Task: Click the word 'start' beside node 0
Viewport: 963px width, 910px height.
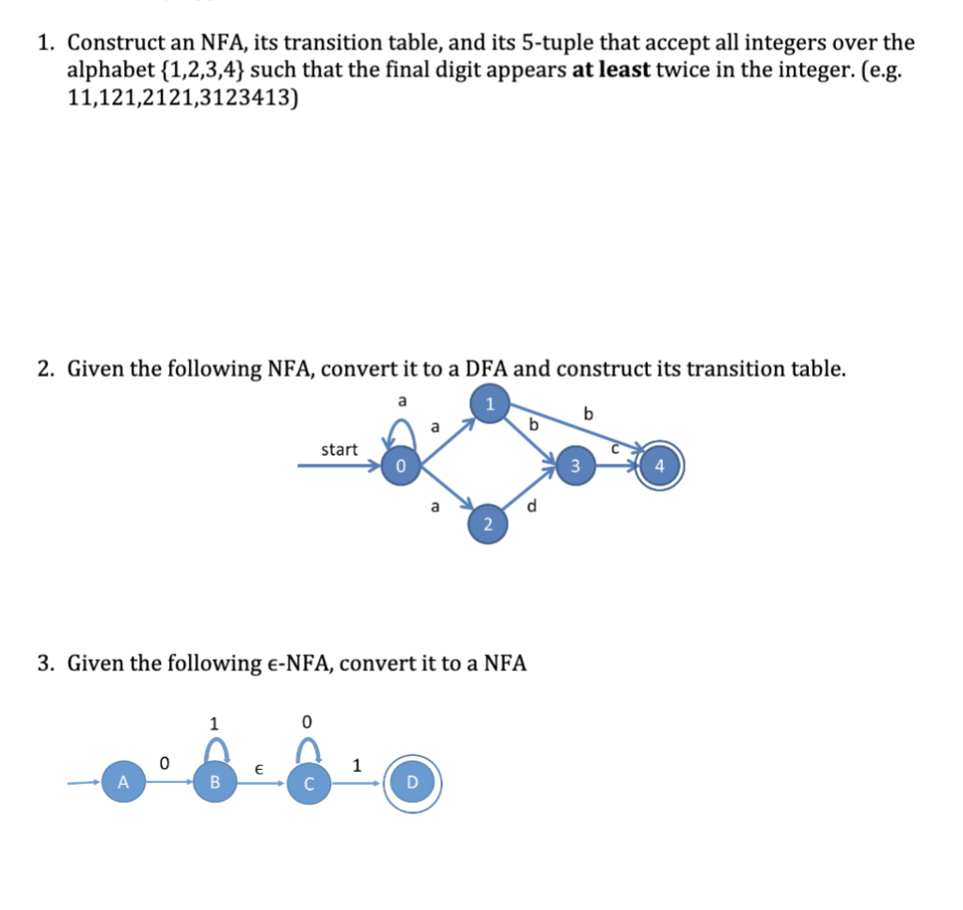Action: [x=339, y=449]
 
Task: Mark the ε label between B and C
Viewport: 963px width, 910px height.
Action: [x=260, y=768]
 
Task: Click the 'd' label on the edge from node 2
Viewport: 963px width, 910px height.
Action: [x=533, y=508]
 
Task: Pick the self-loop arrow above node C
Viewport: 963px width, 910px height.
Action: [x=307, y=749]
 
